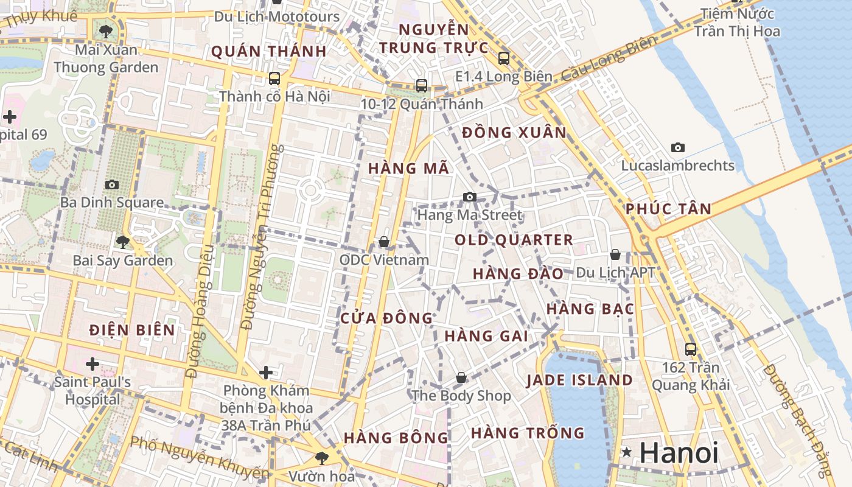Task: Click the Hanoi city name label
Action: click(x=679, y=454)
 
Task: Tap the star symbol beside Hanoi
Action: click(x=626, y=452)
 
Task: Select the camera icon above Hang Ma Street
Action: click(x=469, y=197)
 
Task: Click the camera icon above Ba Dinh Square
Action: click(x=111, y=184)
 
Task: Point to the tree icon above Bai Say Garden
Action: click(x=122, y=242)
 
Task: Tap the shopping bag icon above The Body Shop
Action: click(x=461, y=377)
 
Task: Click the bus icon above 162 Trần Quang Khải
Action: click(x=690, y=349)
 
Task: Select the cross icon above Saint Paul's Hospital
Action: click(x=92, y=364)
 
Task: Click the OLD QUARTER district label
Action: click(x=514, y=240)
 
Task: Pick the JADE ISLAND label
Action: click(x=579, y=380)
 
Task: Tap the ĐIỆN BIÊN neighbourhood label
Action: click(x=132, y=330)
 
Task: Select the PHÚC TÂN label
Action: click(x=668, y=209)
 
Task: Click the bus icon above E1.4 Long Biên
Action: click(x=503, y=58)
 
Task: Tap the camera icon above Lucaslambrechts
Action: click(x=677, y=147)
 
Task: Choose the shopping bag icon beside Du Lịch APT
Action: click(x=615, y=254)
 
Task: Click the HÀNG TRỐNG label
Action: click(x=527, y=433)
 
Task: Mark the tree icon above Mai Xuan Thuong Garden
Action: click(x=106, y=31)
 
